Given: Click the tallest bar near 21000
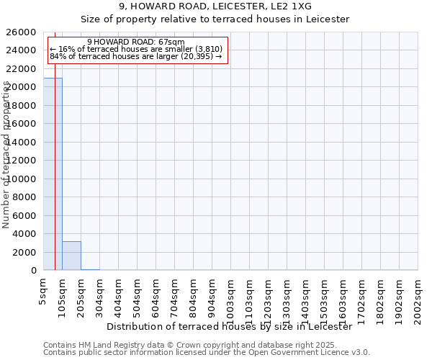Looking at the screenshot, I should point(53,174).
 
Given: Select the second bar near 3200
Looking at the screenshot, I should point(71,256).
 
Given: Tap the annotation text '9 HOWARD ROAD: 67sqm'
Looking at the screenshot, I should point(136,42).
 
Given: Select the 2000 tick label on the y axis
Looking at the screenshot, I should point(25,252).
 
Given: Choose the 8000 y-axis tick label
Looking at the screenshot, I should point(25,197).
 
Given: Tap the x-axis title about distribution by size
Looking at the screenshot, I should point(228,326).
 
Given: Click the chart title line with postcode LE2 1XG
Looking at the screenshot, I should point(215,6).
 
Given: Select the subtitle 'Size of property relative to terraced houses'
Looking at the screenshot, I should point(215,19).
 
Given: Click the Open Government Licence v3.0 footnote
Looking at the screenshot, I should point(207,352).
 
